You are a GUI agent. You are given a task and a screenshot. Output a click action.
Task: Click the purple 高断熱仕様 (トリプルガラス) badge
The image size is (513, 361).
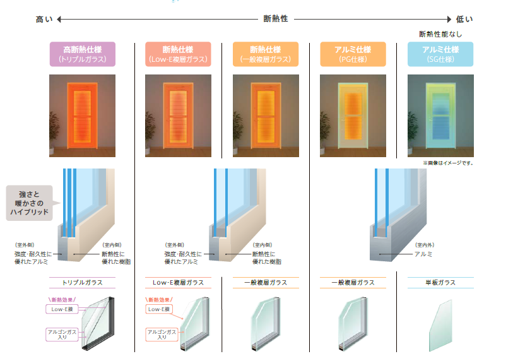(82, 54)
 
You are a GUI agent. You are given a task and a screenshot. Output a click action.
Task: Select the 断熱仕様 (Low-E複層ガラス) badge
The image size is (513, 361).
(177, 54)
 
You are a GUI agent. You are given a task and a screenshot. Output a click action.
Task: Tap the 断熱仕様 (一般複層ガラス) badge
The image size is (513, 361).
(265, 54)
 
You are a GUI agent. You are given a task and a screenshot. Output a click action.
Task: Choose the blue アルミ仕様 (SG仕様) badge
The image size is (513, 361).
(440, 54)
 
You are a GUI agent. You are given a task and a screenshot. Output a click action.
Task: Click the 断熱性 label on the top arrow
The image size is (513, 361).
(276, 19)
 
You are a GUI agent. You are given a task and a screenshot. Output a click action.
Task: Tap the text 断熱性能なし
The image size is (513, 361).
(440, 33)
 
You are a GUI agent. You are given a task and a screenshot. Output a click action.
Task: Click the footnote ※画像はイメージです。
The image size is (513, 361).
(448, 163)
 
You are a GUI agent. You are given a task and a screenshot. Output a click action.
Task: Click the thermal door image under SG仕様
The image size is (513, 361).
(440, 115)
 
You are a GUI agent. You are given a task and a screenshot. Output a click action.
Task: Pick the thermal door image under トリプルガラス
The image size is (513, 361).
(82, 115)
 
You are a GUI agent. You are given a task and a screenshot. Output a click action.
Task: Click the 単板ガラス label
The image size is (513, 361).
(440, 283)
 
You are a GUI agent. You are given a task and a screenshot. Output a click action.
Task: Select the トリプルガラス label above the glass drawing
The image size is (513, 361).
(82, 283)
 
